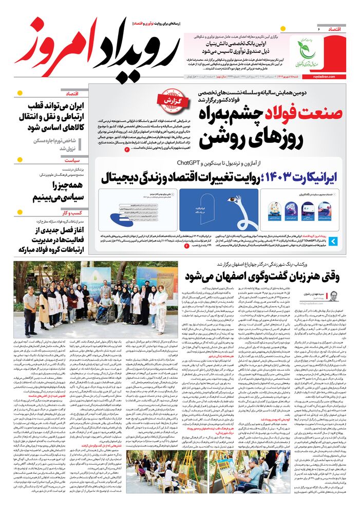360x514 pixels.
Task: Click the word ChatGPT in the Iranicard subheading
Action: pyautogui.click(x=192, y=163)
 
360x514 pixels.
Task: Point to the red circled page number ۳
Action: pyautogui.click(x=127, y=149)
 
